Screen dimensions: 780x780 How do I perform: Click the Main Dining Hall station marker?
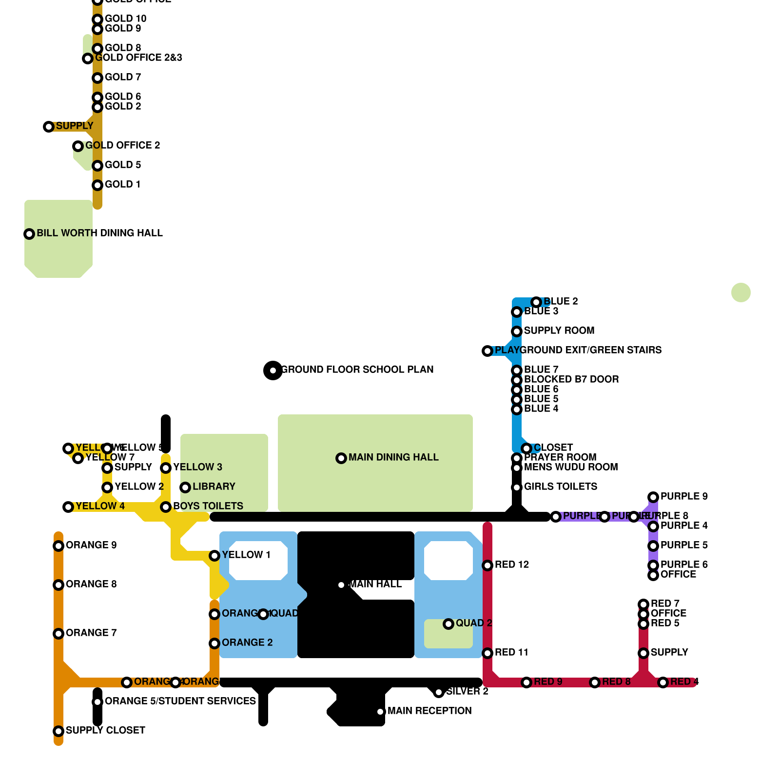tap(341, 458)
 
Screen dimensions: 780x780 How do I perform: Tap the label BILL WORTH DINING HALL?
tap(99, 233)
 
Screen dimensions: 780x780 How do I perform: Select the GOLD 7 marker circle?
tap(97, 78)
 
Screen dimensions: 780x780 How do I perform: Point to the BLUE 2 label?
tap(561, 301)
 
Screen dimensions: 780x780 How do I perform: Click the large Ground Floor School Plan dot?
tap(273, 370)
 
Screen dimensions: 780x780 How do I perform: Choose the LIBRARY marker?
tap(185, 487)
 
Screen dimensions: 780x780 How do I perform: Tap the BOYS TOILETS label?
tap(208, 506)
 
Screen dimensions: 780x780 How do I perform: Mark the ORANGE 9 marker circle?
tap(58, 546)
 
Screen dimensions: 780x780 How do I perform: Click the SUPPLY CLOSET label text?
tap(105, 730)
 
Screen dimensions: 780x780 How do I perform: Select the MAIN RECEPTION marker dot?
tap(380, 712)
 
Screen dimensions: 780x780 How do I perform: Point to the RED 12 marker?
tap(487, 565)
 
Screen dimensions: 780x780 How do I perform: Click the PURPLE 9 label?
tap(684, 496)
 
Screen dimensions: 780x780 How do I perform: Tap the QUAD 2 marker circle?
tap(448, 624)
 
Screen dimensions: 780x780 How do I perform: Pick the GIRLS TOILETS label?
tap(560, 487)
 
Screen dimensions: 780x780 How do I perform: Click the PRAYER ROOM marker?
tap(517, 458)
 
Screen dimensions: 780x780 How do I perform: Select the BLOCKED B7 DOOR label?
tap(571, 379)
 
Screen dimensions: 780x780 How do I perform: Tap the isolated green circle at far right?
tap(741, 292)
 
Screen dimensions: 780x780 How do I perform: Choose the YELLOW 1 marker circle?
tap(214, 556)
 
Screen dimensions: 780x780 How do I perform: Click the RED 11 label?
tap(511, 652)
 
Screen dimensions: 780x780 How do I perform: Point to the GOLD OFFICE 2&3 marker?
tap(88, 58)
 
